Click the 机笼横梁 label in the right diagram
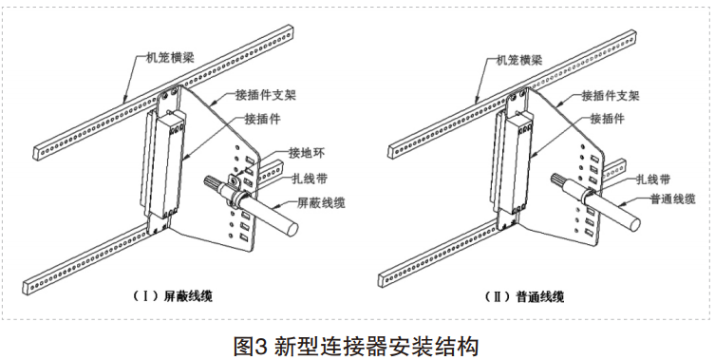pyautogui.click(x=519, y=60)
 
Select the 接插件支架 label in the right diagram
pyautogui.click(x=611, y=95)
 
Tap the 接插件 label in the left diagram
pyautogui.click(x=263, y=119)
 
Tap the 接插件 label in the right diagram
pyautogui.click(x=607, y=119)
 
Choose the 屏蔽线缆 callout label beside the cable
pyautogui.click(x=321, y=202)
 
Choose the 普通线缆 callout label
pyautogui.click(x=672, y=199)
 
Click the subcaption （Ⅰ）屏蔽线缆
pyautogui.click(x=172, y=296)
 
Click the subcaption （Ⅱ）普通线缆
pyautogui.click(x=524, y=297)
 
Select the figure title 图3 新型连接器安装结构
pyautogui.click(x=356, y=347)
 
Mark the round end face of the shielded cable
pyautogui.click(x=291, y=225)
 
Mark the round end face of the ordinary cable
pyautogui.click(x=633, y=223)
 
